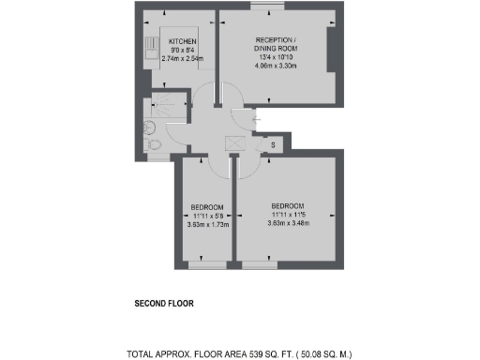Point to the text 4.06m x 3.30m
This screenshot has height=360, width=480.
pos(276,68)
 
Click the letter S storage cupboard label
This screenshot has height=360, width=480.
pos(273,144)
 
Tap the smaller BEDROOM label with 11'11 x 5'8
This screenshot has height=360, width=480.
pos(207,207)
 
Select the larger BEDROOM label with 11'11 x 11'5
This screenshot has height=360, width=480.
pos(288,206)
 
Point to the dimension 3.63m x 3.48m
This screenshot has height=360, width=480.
pos(288,223)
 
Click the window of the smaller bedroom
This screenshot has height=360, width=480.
pos(207,264)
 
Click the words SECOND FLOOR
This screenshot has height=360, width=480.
pos(164,305)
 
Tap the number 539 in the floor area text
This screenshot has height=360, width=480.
pos(258,354)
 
